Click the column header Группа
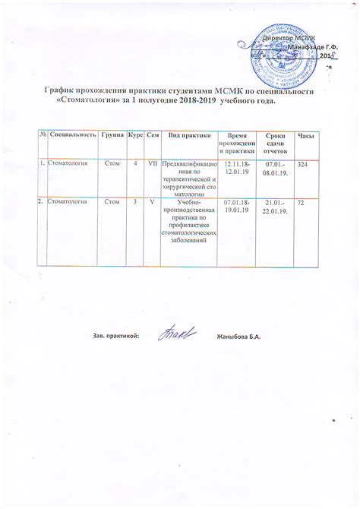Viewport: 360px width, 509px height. point(112,134)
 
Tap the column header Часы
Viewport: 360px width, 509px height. point(306,134)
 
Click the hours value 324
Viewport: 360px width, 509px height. point(303,165)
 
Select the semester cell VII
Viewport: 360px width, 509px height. point(152,163)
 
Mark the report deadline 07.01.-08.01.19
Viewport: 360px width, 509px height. point(274,168)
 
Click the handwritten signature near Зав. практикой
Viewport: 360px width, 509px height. point(178,334)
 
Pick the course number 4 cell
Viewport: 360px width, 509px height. point(134,163)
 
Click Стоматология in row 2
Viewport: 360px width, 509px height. point(67,202)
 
